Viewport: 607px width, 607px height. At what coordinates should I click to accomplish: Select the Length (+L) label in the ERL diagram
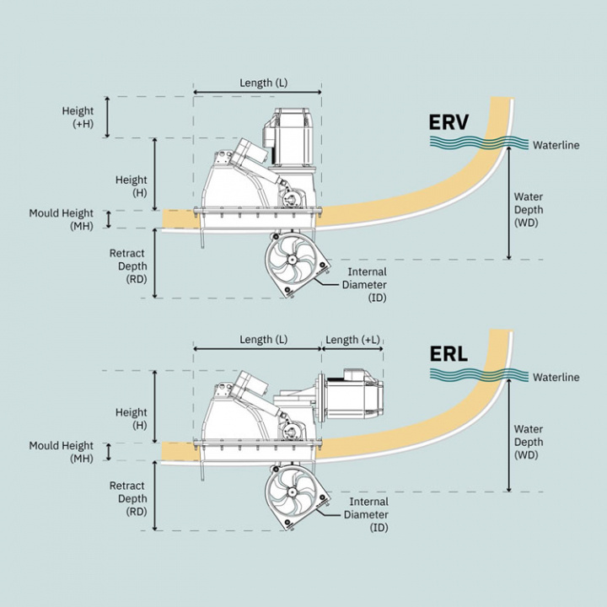[352, 340]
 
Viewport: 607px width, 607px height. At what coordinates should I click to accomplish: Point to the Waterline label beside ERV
[556, 145]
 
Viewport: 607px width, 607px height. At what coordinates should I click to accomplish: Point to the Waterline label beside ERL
[556, 378]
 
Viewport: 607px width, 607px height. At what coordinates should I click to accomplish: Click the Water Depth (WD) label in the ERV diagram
[529, 210]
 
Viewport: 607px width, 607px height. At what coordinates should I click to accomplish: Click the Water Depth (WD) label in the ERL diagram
[529, 442]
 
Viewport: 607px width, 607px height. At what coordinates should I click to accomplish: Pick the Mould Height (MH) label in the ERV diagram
[62, 219]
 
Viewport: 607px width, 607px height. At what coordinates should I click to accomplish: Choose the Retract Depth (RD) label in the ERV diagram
[127, 266]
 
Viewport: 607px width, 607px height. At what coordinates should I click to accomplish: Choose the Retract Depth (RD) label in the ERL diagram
[127, 498]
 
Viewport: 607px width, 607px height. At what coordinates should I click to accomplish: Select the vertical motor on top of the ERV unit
[294, 139]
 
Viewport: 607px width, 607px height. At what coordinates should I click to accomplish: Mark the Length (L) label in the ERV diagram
[256, 83]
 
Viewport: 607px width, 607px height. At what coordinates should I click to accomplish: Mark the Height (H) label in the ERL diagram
[132, 418]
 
